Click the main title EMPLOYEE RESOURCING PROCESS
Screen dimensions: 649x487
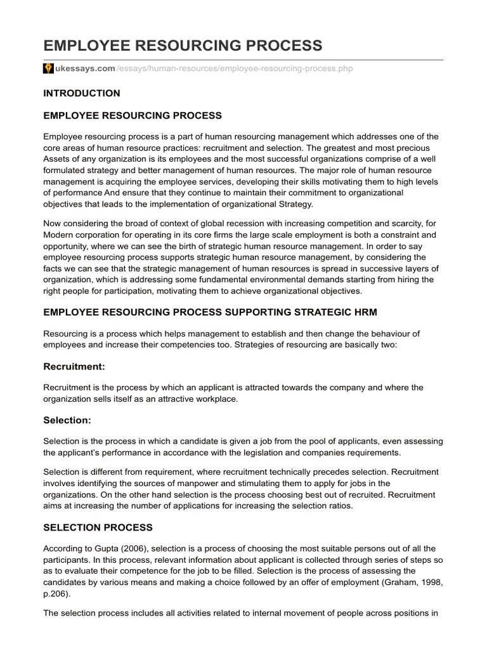(183, 46)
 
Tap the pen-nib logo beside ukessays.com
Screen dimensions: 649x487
(48, 68)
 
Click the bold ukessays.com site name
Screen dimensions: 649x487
(84, 68)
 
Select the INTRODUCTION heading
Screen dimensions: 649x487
(81, 93)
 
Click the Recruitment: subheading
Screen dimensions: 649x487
(74, 366)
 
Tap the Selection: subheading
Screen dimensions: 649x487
(67, 420)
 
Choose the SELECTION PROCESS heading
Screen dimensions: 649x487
(98, 527)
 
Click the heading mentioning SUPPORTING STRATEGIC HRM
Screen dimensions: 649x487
(210, 312)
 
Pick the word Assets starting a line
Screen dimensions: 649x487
(57, 158)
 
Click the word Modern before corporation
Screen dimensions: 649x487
(59, 235)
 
